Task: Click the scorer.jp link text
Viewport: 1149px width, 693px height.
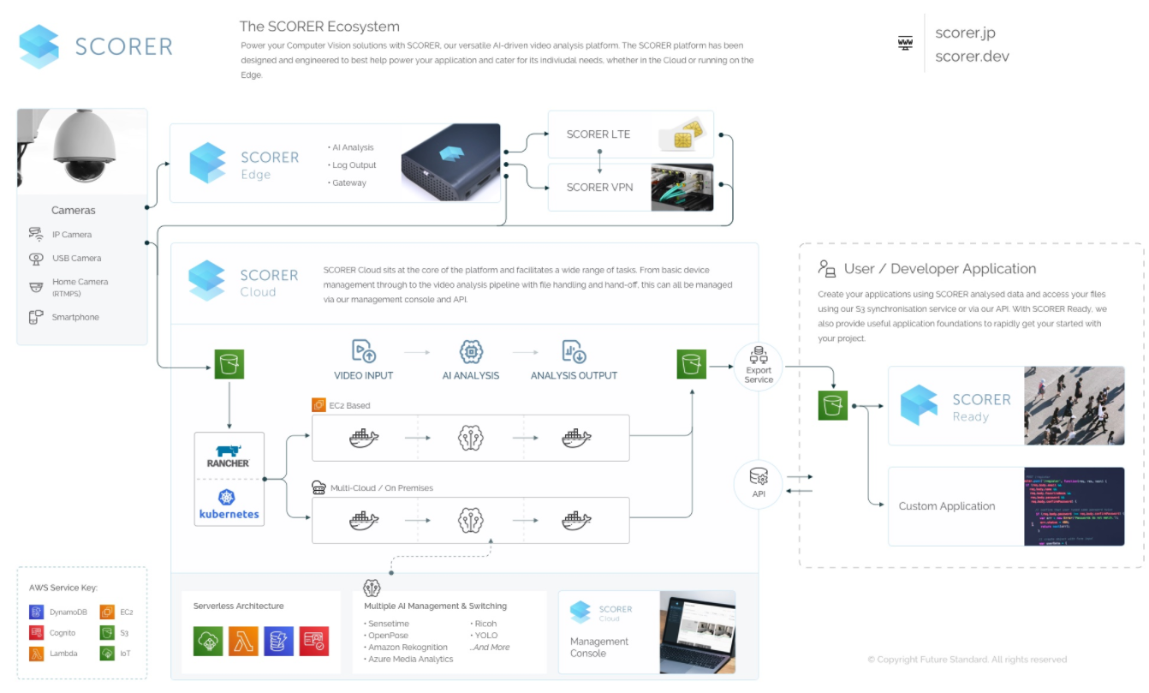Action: pyautogui.click(x=965, y=33)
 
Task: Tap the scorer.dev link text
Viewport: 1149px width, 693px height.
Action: pyautogui.click(x=972, y=57)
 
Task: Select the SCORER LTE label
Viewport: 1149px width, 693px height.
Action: pyautogui.click(x=598, y=134)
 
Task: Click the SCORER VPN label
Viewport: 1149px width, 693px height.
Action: pyautogui.click(x=599, y=187)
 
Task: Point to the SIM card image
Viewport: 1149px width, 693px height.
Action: pyautogui.click(x=682, y=134)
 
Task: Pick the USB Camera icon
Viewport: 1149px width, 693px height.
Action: pyautogui.click(x=36, y=258)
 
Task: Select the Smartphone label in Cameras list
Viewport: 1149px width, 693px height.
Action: pyautogui.click(x=75, y=317)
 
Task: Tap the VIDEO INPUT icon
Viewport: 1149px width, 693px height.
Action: pyautogui.click(x=364, y=351)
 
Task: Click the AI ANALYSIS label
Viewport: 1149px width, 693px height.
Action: pyautogui.click(x=470, y=375)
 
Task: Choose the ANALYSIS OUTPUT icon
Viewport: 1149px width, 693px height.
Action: pyautogui.click(x=574, y=351)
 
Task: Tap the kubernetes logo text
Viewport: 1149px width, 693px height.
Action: pyautogui.click(x=229, y=515)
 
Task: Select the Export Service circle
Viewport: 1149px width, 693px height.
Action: pyautogui.click(x=759, y=366)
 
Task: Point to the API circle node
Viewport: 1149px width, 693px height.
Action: pyautogui.click(x=759, y=484)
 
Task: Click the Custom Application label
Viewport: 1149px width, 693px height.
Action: pyautogui.click(x=947, y=506)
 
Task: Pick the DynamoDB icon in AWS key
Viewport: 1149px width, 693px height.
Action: pyautogui.click(x=36, y=612)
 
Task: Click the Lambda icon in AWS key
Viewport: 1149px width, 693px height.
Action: pyautogui.click(x=36, y=654)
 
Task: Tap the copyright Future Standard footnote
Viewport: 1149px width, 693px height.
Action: pyautogui.click(x=967, y=660)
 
